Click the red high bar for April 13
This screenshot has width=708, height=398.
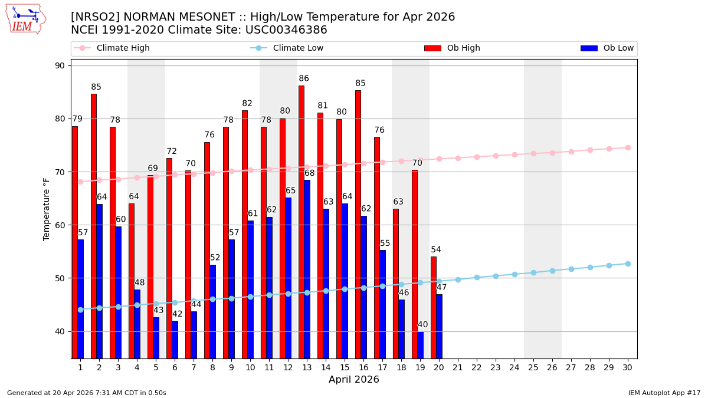301,221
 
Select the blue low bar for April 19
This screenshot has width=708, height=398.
420,344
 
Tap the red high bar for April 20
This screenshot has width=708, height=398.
434,307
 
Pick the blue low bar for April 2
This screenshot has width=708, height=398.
99,281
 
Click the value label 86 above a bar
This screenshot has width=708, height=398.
304,78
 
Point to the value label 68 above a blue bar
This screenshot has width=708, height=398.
309,173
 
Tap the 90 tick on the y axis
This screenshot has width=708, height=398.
60,65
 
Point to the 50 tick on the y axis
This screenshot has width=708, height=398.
60,278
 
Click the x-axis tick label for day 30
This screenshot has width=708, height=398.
628,367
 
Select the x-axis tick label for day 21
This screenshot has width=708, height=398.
458,367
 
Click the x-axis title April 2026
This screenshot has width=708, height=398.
354,380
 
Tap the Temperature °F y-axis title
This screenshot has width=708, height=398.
47,209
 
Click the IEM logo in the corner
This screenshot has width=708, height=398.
25,19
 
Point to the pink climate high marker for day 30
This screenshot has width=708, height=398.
628,147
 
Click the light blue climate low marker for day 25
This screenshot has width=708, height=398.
533,272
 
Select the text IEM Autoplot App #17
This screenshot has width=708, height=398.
664,393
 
